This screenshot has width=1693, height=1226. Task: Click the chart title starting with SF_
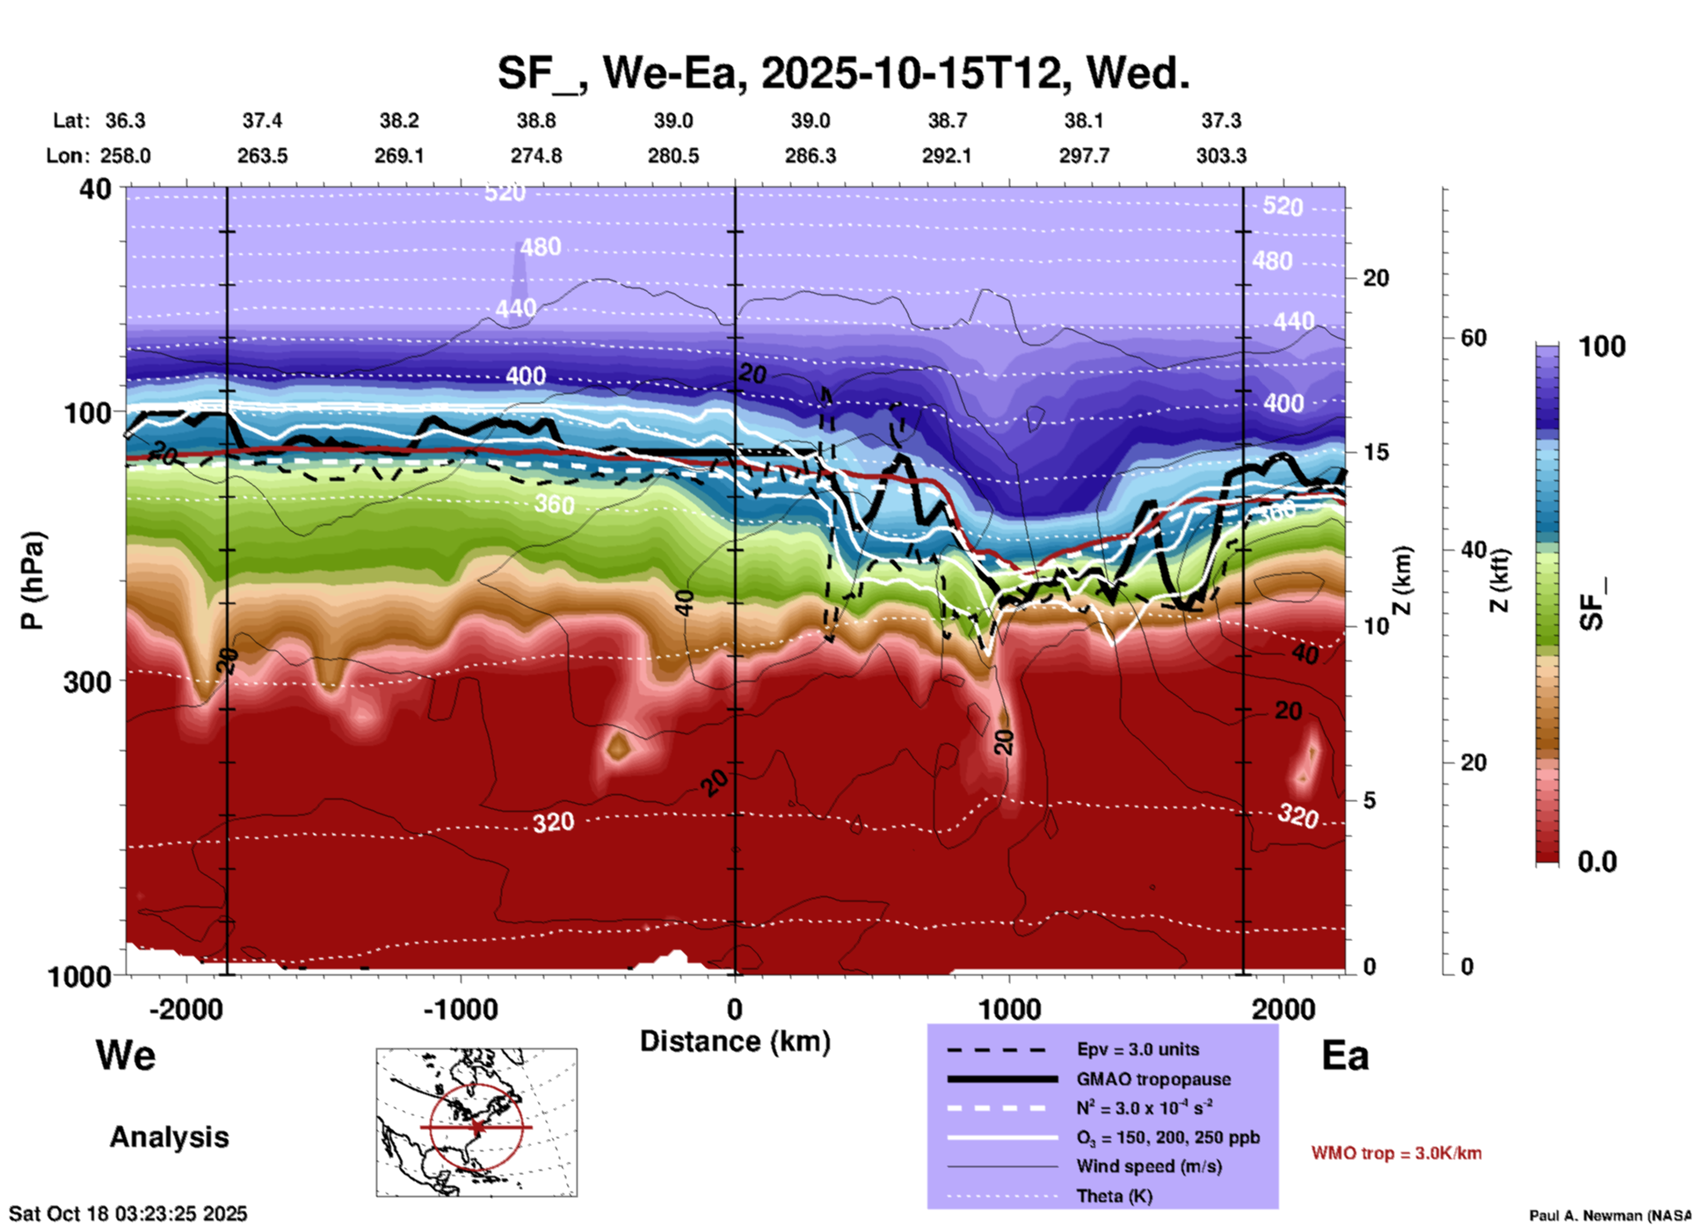(843, 73)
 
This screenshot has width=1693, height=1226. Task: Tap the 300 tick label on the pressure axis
(88, 682)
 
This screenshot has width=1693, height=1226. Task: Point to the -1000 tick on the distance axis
(461, 1010)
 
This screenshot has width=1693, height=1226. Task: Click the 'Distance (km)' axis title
(735, 1041)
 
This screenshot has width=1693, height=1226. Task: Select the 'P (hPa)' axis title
(32, 580)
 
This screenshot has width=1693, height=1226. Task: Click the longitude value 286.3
(810, 156)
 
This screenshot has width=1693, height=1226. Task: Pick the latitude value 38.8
(535, 120)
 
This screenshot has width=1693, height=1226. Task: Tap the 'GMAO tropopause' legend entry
(1153, 1079)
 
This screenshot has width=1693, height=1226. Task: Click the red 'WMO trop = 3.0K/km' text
(1396, 1153)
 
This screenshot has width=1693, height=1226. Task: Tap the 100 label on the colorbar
(1602, 347)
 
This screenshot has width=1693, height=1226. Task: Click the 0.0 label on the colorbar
(1597, 862)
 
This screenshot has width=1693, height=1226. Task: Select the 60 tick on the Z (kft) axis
(1473, 339)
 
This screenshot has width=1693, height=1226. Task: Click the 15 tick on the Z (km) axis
(1376, 452)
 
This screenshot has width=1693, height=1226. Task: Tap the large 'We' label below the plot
(126, 1055)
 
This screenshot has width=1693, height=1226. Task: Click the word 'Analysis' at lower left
(169, 1137)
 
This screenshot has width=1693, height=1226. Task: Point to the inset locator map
(476, 1122)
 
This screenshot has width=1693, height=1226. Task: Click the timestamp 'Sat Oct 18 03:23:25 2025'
(128, 1214)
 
